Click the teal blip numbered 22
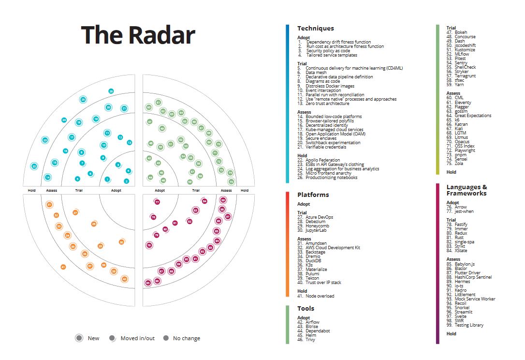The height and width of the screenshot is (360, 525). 34,166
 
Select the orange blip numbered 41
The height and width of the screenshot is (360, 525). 63,267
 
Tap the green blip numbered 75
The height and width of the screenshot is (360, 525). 231,181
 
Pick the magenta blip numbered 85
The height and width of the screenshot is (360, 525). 147,283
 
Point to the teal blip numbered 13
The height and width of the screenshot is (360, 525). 129,142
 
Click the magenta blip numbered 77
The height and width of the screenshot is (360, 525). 157,202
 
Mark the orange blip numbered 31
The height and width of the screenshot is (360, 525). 49,205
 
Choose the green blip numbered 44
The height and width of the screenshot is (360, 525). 150,178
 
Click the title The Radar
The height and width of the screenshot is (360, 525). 138,35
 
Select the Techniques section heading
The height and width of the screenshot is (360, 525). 315,29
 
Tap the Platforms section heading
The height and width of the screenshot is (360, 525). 313,195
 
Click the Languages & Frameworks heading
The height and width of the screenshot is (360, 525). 467,190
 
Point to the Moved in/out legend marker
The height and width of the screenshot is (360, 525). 112,338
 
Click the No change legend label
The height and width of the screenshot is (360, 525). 186,338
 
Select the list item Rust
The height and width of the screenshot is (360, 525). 459,237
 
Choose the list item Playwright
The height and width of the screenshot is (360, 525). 465,150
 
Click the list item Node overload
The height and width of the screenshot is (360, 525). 320,296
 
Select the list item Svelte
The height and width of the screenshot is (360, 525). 461,316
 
